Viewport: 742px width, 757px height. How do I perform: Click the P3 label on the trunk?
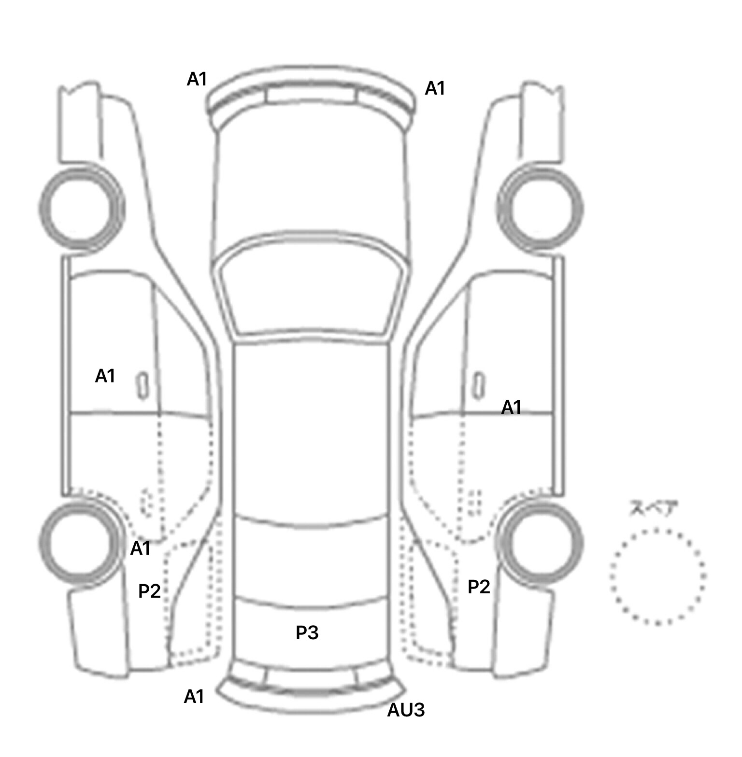click(307, 632)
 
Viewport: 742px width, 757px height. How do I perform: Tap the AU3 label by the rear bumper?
click(406, 710)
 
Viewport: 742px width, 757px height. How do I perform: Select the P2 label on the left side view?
click(149, 591)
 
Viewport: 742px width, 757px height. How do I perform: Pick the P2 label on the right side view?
click(479, 587)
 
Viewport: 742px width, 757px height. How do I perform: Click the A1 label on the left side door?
click(105, 376)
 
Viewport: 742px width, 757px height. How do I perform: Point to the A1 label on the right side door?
click(512, 407)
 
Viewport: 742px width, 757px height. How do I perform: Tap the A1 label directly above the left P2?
click(141, 548)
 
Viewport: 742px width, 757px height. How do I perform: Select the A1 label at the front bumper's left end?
click(197, 79)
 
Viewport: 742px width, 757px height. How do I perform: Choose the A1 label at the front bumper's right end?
click(435, 88)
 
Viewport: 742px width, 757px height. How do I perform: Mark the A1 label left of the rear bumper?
click(194, 697)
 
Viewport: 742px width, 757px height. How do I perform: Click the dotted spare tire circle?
click(657, 576)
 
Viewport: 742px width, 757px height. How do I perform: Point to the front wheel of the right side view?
click(541, 209)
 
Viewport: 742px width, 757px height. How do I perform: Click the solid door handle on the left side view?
click(143, 385)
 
